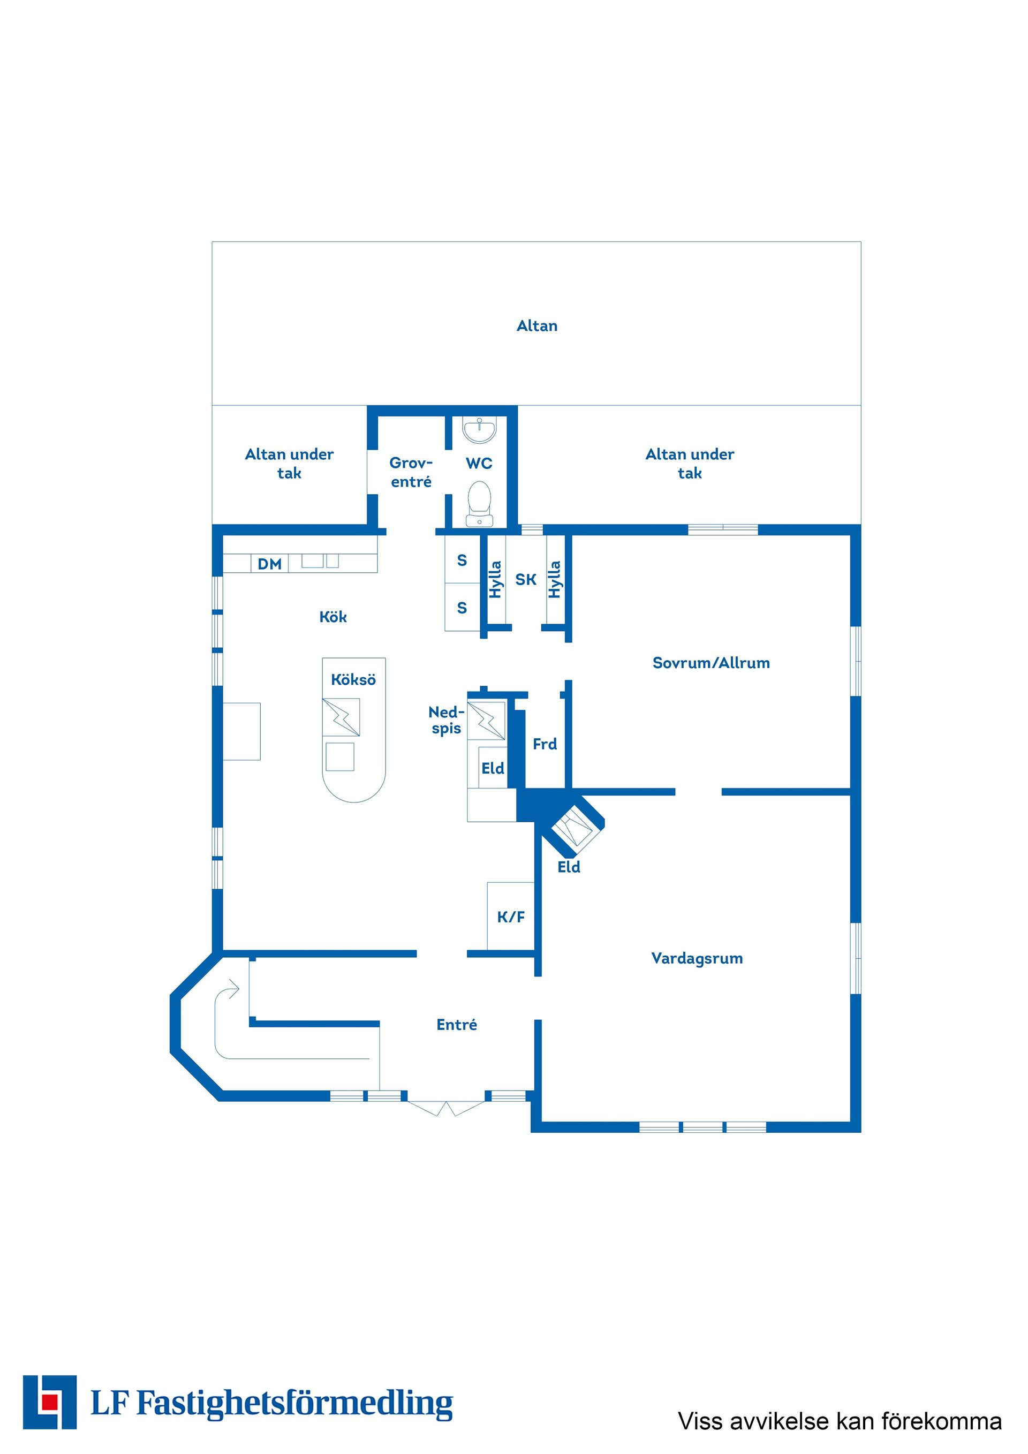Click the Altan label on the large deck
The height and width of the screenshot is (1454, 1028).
[537, 325]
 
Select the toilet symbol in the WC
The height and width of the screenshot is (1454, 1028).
[480, 503]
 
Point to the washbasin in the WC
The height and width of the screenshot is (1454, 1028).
[480, 430]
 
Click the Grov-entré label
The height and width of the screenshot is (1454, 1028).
[411, 472]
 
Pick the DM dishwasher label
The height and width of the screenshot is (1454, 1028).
[269, 564]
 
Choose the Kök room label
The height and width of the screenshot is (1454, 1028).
[332, 617]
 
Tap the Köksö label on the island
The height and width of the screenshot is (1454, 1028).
[353, 679]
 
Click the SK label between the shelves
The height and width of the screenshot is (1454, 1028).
[526, 579]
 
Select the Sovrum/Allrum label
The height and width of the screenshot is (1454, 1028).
[712, 663]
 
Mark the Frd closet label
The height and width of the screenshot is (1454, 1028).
[545, 744]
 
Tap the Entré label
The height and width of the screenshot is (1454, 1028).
[457, 1025]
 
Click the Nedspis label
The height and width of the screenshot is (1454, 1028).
[447, 720]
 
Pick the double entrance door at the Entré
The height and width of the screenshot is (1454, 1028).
[447, 1108]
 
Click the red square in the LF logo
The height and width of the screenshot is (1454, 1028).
[49, 1403]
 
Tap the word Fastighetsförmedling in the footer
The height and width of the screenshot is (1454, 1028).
[295, 1403]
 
